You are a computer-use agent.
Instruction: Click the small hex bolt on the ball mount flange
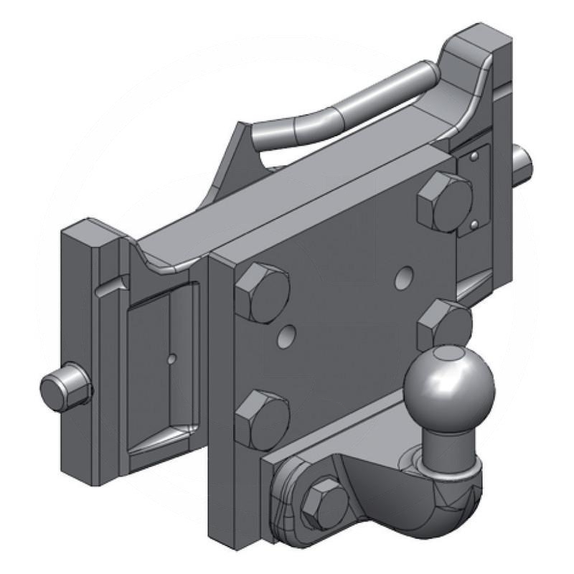coord(325,502)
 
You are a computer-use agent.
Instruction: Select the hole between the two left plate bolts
coord(288,334)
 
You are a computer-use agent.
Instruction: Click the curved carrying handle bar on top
coord(344,108)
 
